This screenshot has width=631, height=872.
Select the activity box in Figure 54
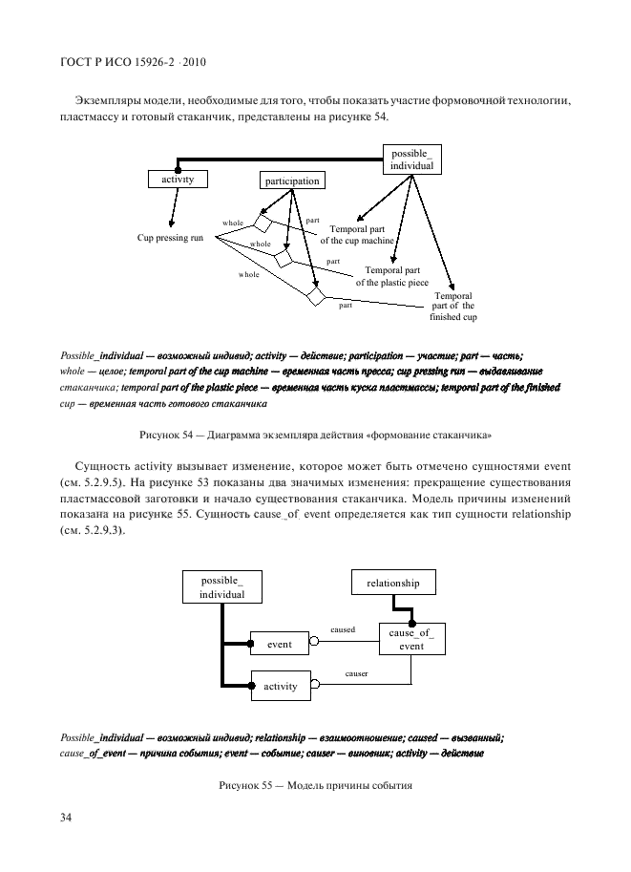click(178, 179)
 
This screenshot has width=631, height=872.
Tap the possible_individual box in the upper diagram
click(411, 160)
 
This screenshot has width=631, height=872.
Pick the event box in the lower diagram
click(279, 645)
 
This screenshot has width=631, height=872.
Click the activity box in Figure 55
click(280, 686)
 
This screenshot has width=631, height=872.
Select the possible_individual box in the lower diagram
click(221, 586)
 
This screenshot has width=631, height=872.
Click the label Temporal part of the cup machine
click(362, 235)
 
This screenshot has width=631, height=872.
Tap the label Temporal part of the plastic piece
click(392, 277)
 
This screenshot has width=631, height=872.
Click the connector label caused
click(343, 629)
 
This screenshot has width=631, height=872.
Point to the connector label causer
click(355, 673)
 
